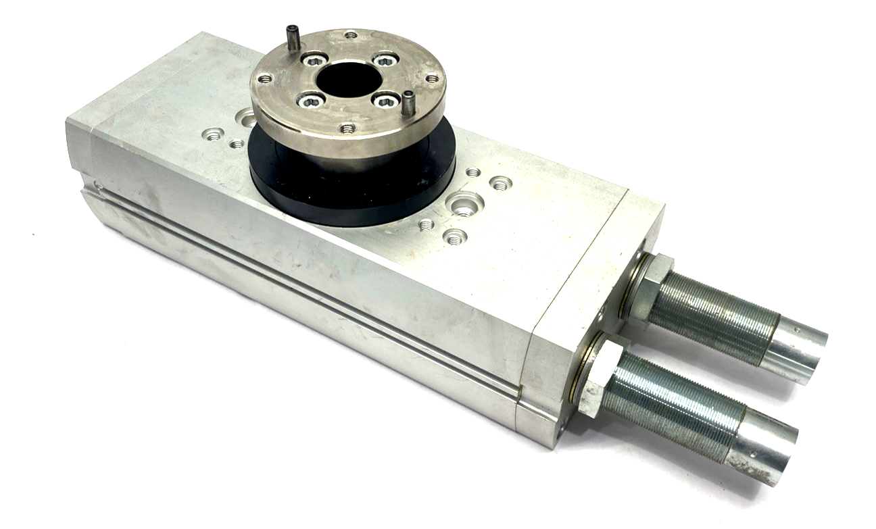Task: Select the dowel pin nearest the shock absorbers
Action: (x=409, y=103)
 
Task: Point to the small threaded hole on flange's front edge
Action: (x=347, y=127)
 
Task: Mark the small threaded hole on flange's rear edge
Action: (x=350, y=34)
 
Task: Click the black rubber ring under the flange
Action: (x=351, y=189)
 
